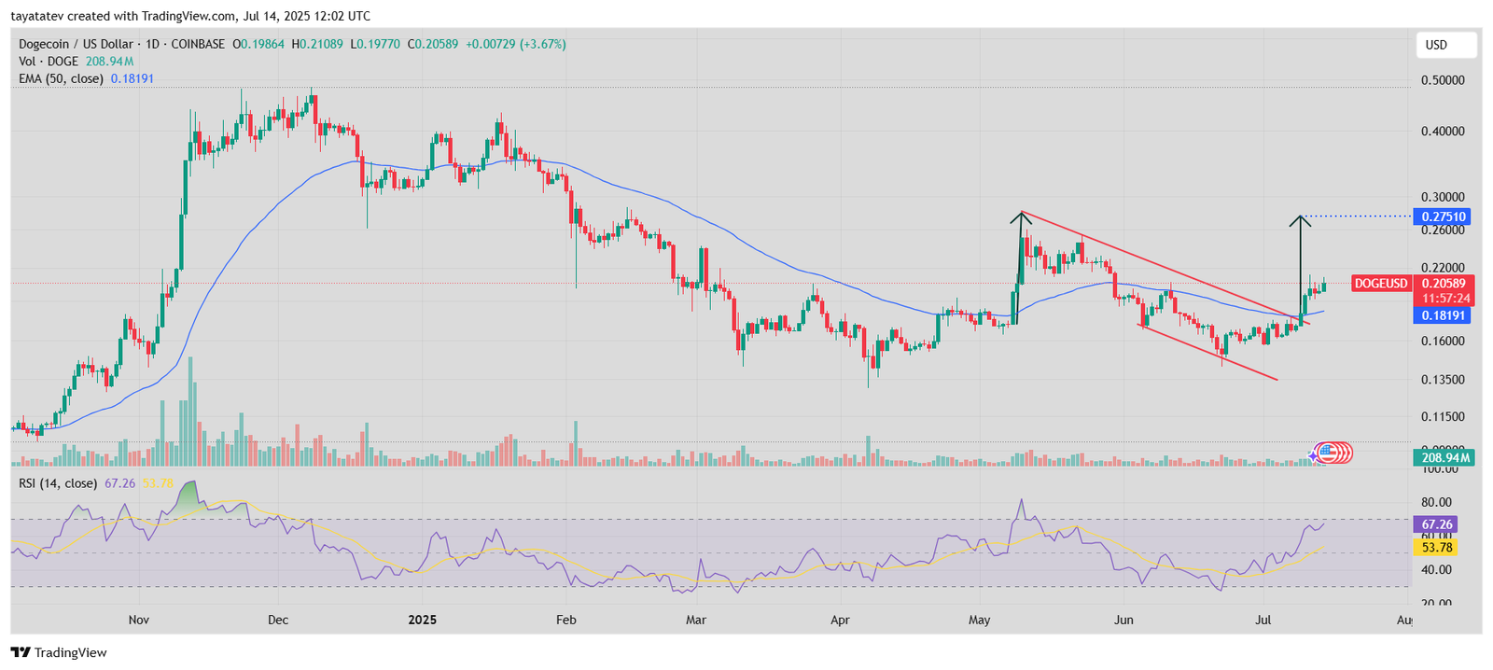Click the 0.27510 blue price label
click(x=1444, y=216)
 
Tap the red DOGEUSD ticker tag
click(x=1381, y=284)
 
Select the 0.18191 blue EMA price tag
click(x=1444, y=315)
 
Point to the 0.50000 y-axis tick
click(x=1442, y=80)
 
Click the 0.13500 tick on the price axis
click(x=1442, y=380)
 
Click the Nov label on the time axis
click(x=139, y=620)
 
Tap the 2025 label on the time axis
click(x=423, y=620)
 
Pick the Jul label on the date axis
click(x=1263, y=620)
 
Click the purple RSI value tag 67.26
click(x=1435, y=524)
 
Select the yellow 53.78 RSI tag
click(x=1435, y=547)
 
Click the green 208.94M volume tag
click(x=1444, y=458)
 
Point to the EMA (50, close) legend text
click(x=61, y=79)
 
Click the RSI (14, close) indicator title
click(x=57, y=483)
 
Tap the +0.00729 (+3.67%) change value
click(x=516, y=44)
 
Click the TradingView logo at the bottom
click(x=59, y=652)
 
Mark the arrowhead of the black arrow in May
click(x=1021, y=216)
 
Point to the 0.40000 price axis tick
click(x=1442, y=132)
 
